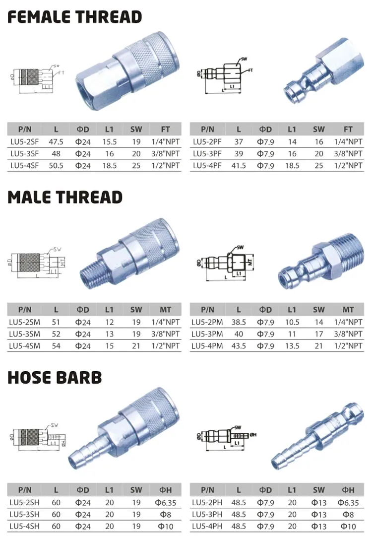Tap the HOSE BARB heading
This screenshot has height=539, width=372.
(55, 377)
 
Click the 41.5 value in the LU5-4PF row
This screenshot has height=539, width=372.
(239, 165)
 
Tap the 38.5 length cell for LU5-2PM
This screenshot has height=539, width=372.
(239, 322)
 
